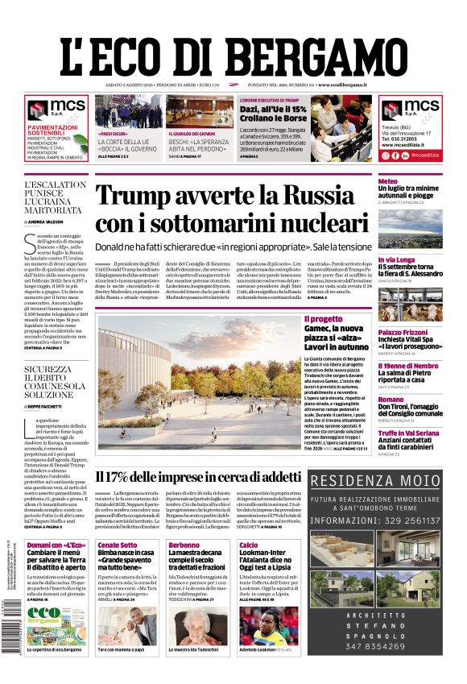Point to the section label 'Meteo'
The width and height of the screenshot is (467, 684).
tap(388, 181)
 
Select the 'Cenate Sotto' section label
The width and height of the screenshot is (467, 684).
tap(118, 545)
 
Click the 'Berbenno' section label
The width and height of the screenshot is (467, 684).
tap(185, 545)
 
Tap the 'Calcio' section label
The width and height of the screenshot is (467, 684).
tap(249, 545)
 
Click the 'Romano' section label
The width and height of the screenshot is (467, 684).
tap(391, 399)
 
